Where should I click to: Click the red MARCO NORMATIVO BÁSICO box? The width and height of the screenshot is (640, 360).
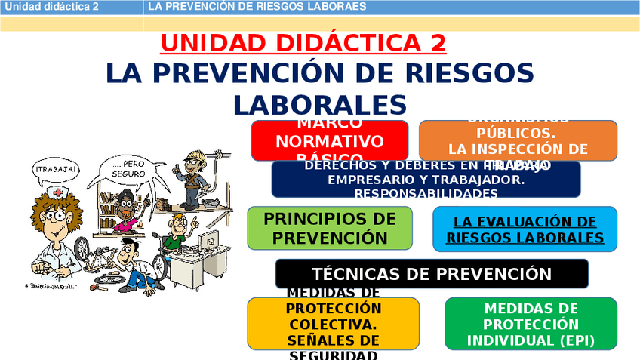pyautogui.click(x=329, y=140)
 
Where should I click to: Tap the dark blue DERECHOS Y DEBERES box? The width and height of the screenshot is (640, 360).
pyautogui.click(x=426, y=180)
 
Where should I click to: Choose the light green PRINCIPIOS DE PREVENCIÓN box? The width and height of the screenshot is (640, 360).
pyautogui.click(x=329, y=228)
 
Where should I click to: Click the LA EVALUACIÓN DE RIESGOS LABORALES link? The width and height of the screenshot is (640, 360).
pyautogui.click(x=525, y=229)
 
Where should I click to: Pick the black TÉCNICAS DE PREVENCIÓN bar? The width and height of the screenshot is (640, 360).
pyautogui.click(x=432, y=274)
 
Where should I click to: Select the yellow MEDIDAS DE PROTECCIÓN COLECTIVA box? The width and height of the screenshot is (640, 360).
pyautogui.click(x=333, y=324)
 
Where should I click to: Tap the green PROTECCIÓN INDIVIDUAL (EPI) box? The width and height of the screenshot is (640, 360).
pyautogui.click(x=531, y=324)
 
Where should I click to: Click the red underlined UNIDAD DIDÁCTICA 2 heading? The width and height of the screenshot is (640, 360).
pyautogui.click(x=303, y=43)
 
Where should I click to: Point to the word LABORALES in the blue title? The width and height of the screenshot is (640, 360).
pyautogui.click(x=320, y=104)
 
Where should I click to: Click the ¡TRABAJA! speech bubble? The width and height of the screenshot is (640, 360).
pyautogui.click(x=55, y=171)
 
